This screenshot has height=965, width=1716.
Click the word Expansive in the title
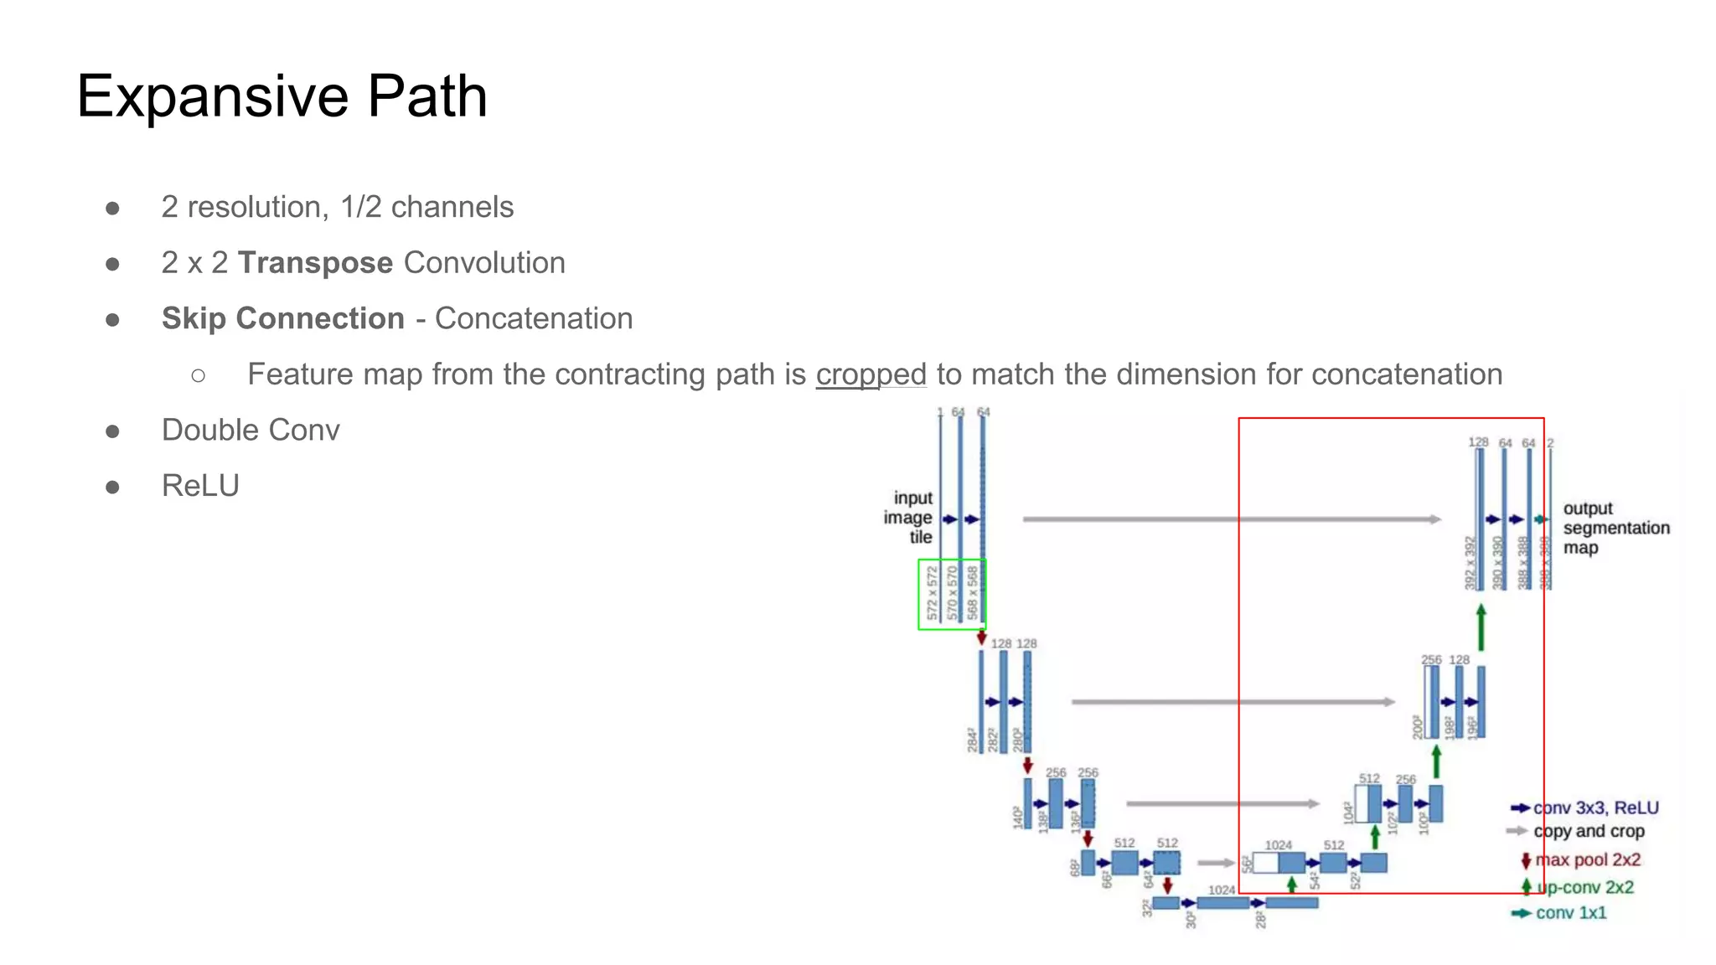pos(211,96)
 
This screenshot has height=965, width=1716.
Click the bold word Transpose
pos(315,263)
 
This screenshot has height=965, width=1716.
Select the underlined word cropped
pos(871,374)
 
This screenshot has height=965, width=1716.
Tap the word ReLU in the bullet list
pos(200,486)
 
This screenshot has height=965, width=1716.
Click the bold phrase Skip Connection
pos(283,319)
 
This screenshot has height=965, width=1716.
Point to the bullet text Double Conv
pos(251,431)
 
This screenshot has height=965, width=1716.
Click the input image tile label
pos(909,518)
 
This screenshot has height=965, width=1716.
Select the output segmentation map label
pos(1615,529)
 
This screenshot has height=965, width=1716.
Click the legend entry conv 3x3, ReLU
pos(1595,808)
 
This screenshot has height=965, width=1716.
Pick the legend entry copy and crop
pos(1588,832)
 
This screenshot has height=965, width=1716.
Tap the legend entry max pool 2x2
pos(1587,860)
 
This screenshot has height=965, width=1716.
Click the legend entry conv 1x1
pos(1570,913)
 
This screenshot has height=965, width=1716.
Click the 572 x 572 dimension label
pos(932,593)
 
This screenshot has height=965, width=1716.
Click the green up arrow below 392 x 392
pos(1481,627)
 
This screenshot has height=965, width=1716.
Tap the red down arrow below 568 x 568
pos(981,637)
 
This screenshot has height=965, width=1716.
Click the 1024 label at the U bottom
pos(1222,890)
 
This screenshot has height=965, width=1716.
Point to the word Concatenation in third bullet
pos(533,319)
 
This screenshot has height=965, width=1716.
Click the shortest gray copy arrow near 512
pos(1216,863)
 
